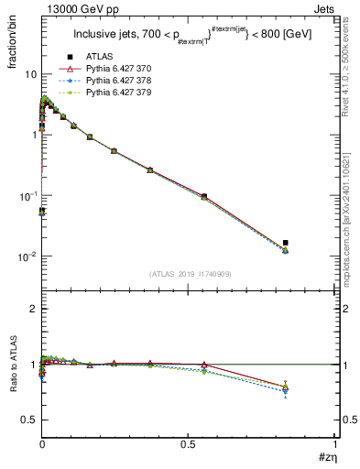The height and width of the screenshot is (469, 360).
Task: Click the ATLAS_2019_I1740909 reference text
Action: click(189, 274)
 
